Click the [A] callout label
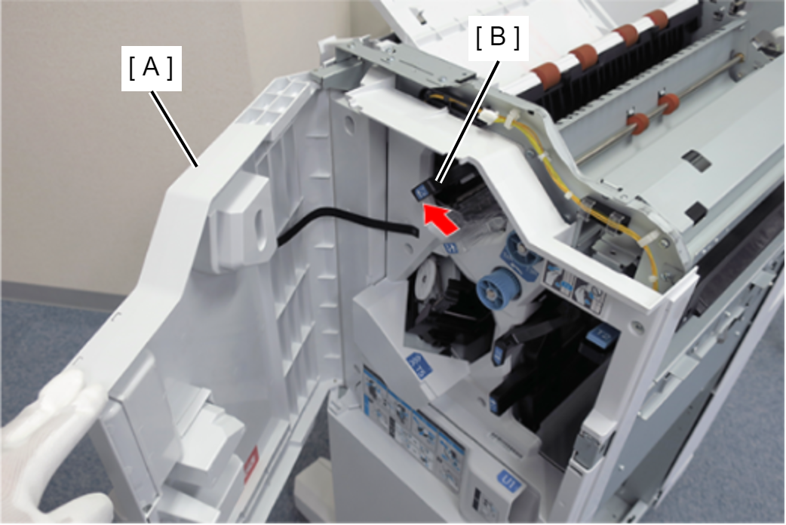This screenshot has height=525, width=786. (151, 69)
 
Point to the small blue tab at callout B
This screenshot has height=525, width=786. (417, 192)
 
